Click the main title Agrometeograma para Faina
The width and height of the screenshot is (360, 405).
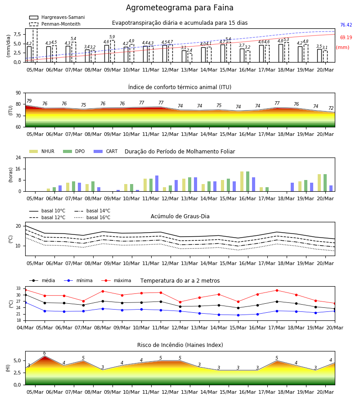click(x=180, y=8)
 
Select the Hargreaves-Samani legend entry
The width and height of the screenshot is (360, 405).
click(x=57, y=17)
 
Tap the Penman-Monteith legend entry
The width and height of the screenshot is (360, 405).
click(x=55, y=24)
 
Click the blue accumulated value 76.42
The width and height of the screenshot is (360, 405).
click(x=346, y=25)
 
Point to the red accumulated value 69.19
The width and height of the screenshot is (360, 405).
click(x=346, y=37)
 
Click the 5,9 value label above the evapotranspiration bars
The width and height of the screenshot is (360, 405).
click(x=112, y=37)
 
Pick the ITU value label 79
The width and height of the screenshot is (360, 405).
click(x=29, y=101)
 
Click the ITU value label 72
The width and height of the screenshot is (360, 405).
click(x=331, y=108)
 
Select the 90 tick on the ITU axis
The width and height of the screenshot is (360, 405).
click(x=18, y=93)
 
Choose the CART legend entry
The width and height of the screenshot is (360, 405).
click(x=106, y=151)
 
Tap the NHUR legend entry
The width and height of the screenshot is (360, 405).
click(x=42, y=151)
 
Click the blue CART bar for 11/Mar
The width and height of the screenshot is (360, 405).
click(x=157, y=184)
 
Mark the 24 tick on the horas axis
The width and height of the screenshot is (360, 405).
click(x=18, y=158)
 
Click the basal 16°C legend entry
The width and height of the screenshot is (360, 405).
click(x=92, y=218)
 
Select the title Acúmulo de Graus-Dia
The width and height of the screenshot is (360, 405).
click(x=180, y=216)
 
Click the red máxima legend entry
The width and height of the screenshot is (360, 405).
click(x=116, y=280)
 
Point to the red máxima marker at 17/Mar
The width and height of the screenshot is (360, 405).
click(x=277, y=290)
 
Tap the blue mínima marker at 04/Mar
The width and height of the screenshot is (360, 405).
click(x=25, y=302)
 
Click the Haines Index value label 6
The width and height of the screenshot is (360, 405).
click(x=45, y=353)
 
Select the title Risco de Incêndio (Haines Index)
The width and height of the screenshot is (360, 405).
click(x=180, y=345)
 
